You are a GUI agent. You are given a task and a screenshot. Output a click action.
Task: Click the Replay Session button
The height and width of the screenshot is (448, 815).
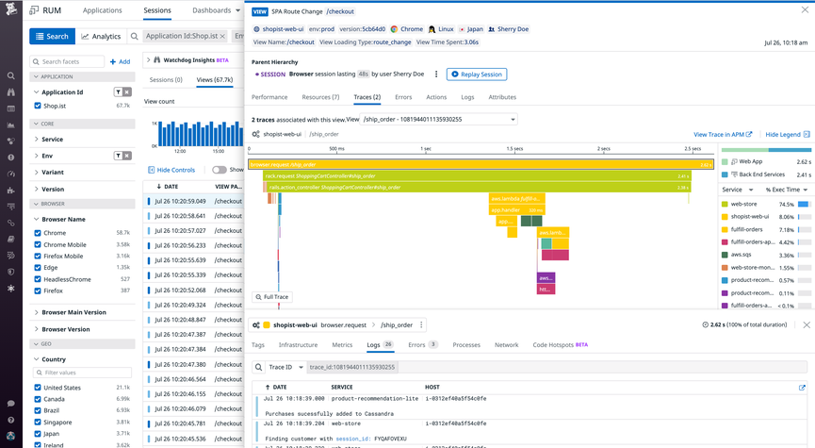point(476,75)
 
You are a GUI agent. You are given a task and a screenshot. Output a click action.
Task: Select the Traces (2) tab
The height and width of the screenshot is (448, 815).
point(367,97)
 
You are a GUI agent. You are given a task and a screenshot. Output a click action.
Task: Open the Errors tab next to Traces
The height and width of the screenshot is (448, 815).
point(402,97)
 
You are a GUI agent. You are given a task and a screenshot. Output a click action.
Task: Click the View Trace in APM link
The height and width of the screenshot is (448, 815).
point(723,135)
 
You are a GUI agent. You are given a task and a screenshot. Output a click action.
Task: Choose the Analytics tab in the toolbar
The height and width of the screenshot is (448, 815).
point(101,37)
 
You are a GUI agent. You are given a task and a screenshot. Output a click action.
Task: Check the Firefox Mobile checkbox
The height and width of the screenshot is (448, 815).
point(38,256)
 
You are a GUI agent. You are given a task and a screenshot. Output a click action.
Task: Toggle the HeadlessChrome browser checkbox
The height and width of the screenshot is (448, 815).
point(38,279)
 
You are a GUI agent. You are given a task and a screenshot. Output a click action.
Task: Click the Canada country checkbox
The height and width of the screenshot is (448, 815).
point(38,399)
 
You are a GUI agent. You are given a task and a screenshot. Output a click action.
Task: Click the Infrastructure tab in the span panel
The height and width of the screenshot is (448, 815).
point(298,345)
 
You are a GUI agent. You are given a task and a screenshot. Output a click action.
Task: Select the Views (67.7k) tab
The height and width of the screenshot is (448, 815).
point(215,80)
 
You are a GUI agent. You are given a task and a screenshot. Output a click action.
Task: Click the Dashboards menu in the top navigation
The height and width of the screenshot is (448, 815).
point(215,10)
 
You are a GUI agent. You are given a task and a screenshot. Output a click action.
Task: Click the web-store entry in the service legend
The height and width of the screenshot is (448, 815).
point(744,204)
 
